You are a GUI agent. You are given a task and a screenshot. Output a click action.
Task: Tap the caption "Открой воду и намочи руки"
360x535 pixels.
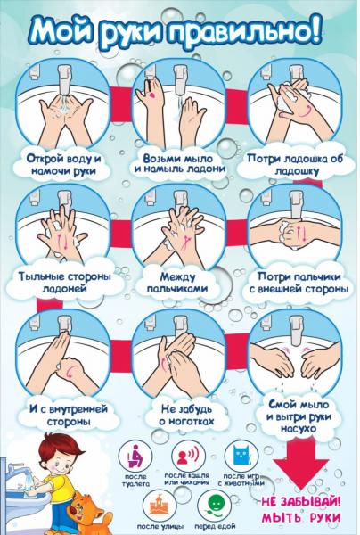pyautogui.click(x=64, y=165)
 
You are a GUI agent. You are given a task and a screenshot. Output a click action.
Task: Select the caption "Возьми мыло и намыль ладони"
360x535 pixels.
pyautogui.click(x=180, y=163)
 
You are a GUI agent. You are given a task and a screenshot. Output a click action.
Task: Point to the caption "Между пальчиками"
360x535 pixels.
pyautogui.click(x=177, y=282)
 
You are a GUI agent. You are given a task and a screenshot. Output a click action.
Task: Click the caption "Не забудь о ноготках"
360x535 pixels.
pyautogui.click(x=186, y=415)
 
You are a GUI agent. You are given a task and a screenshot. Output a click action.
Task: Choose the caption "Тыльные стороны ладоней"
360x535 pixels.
pyautogui.click(x=65, y=282)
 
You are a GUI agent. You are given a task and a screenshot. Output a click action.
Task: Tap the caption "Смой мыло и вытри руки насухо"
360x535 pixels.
pyautogui.click(x=299, y=416)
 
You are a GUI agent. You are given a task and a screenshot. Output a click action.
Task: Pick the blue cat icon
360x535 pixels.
pyautogui.click(x=241, y=455)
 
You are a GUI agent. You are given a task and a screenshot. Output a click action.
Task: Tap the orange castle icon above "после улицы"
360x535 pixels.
pyautogui.click(x=160, y=506)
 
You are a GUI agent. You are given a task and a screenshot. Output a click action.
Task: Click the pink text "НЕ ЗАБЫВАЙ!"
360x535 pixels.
pyautogui.click(x=301, y=502)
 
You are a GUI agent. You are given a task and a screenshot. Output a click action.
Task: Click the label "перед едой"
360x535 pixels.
pyautogui.click(x=215, y=526)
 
